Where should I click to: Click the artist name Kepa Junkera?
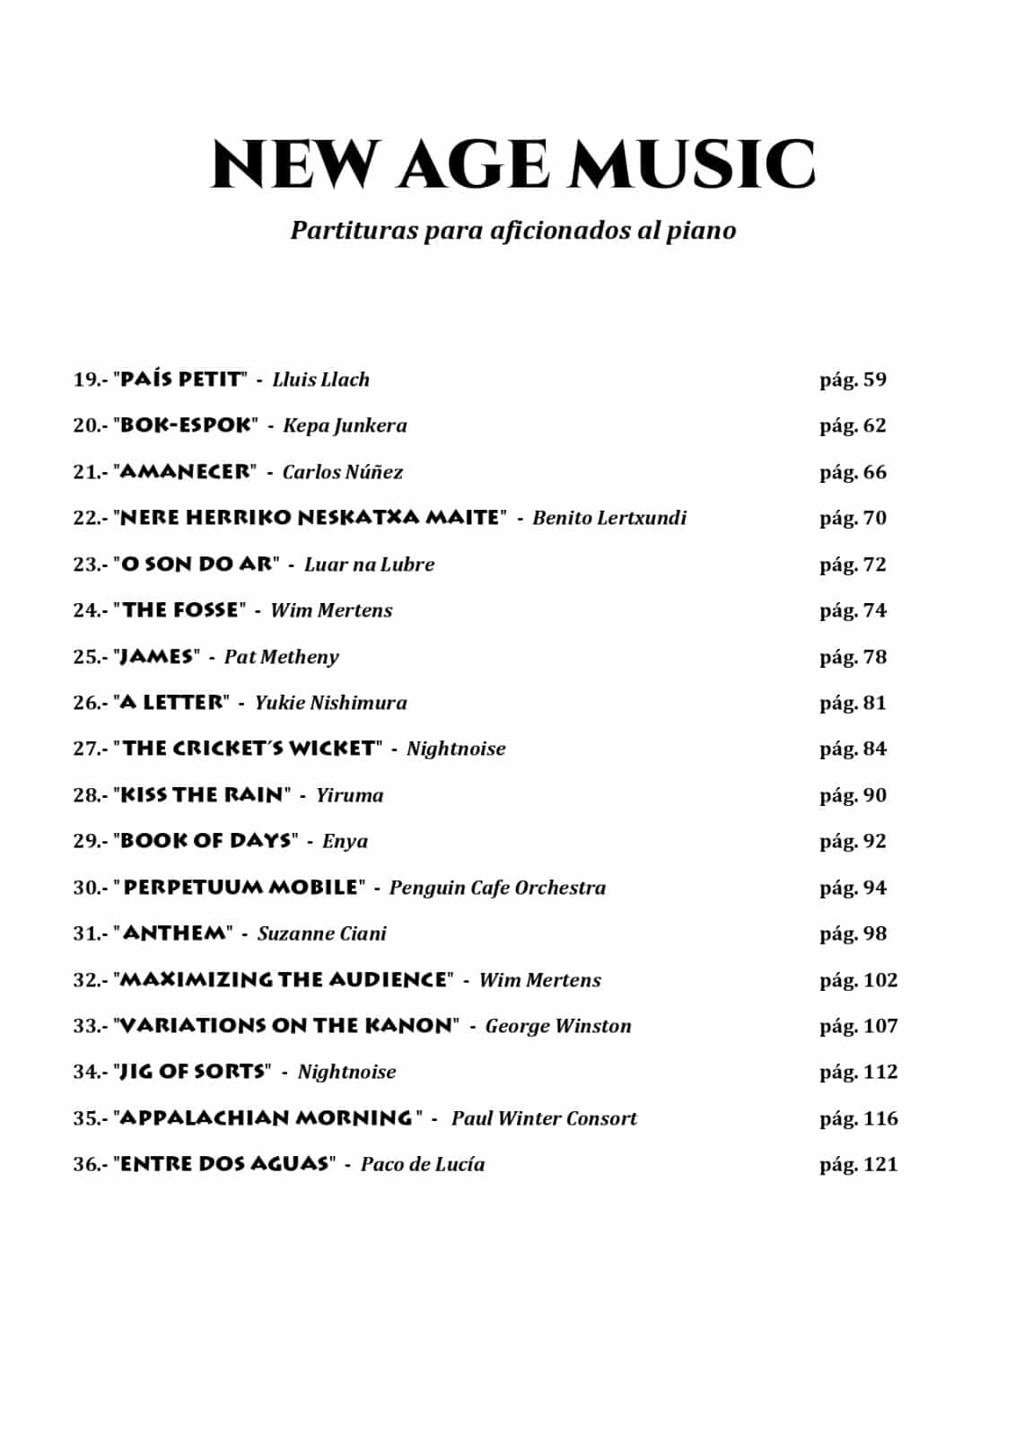(x=345, y=425)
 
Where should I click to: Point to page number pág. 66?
(x=853, y=472)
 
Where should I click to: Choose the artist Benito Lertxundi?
(x=609, y=518)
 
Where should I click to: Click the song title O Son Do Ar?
(x=196, y=565)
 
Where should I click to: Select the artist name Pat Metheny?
(x=282, y=657)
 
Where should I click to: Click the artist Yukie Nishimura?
(x=330, y=703)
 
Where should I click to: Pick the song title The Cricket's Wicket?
(x=249, y=749)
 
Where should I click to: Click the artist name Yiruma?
(x=349, y=795)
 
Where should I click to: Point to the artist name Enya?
(x=345, y=841)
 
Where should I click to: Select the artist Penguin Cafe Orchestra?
(x=497, y=888)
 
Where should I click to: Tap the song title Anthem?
(x=175, y=933)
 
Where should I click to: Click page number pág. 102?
(x=858, y=980)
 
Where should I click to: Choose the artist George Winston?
(x=558, y=1026)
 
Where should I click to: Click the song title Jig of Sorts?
(x=193, y=1072)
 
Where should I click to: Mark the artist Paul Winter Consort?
(x=544, y=1118)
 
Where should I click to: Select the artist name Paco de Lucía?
(x=423, y=1164)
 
